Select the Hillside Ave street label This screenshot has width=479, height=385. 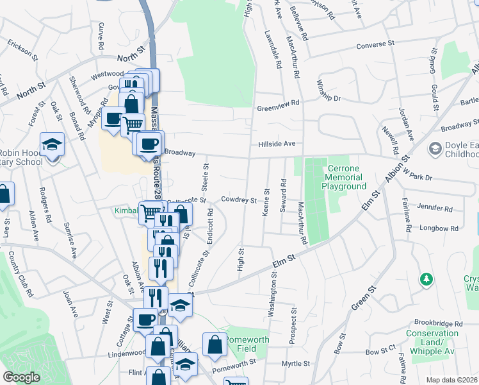coord(277,144)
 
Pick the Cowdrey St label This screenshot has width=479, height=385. coord(239,200)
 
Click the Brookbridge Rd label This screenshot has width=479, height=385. coord(438,323)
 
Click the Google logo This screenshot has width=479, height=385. coord(21,377)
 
